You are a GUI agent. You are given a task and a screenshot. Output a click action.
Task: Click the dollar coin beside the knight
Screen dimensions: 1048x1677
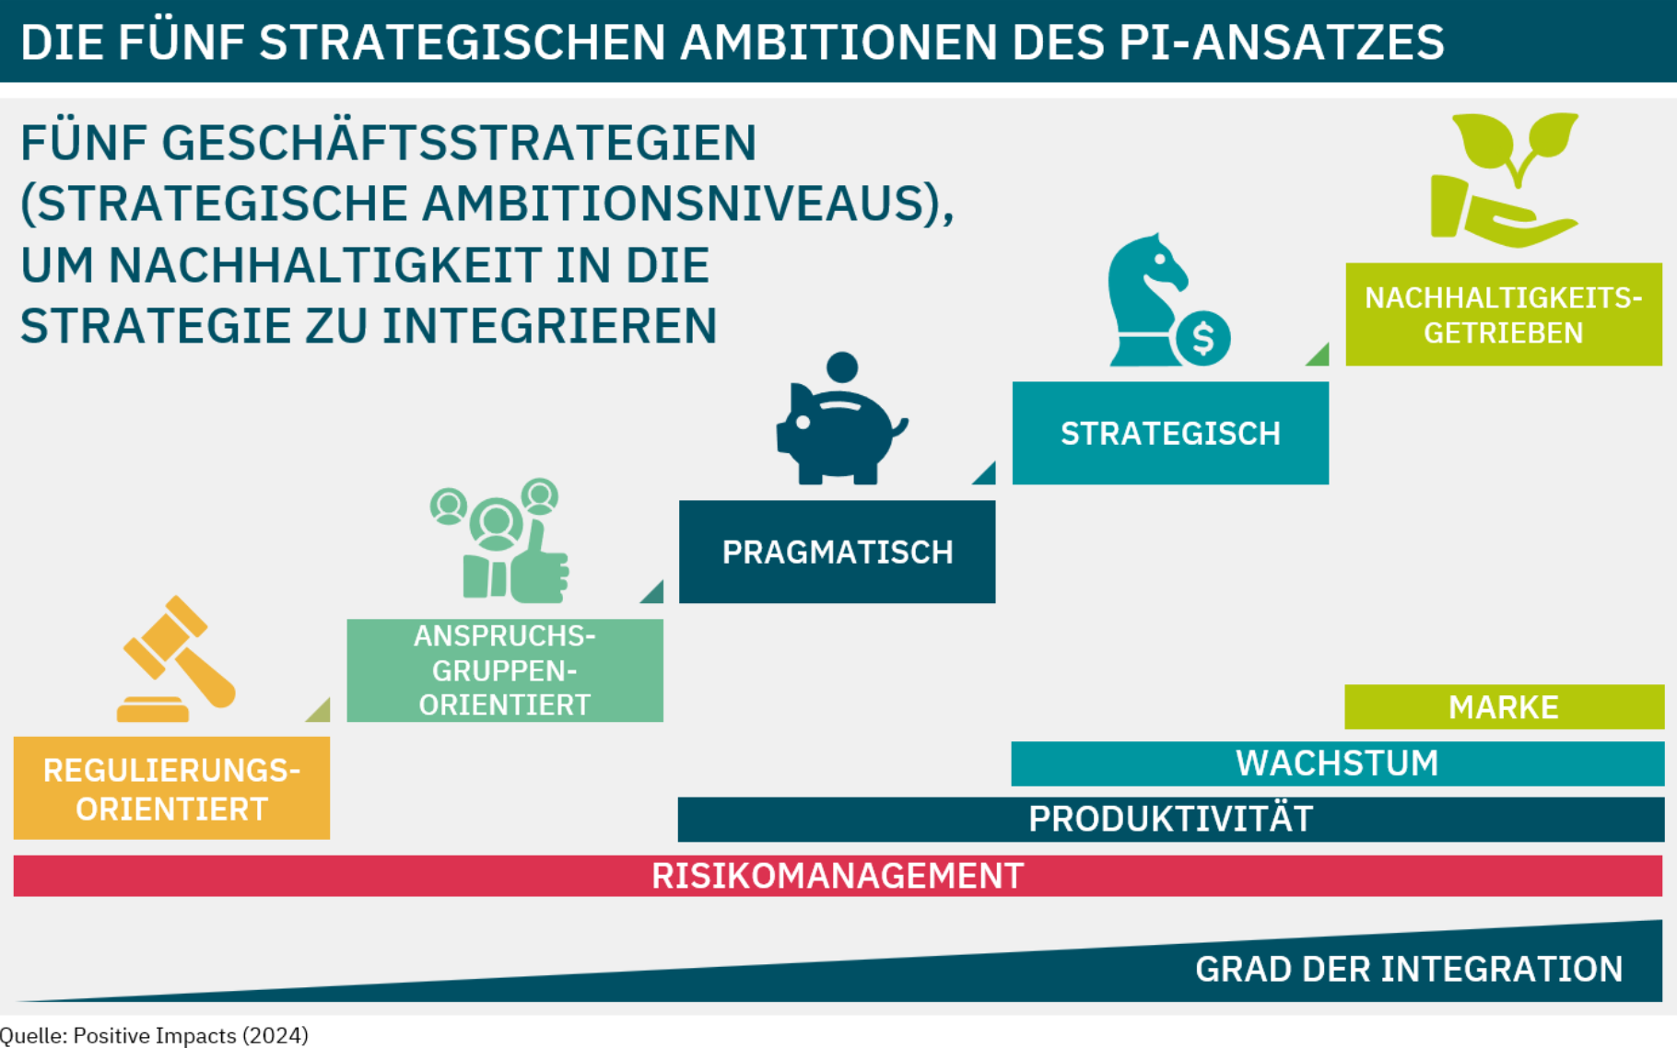point(1202,339)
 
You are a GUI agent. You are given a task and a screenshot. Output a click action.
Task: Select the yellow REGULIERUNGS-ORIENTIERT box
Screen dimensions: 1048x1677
point(172,788)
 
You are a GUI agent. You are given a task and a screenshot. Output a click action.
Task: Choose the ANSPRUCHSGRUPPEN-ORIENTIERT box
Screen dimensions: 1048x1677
point(505,670)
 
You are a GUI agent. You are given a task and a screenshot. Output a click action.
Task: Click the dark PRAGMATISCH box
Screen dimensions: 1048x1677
point(837,552)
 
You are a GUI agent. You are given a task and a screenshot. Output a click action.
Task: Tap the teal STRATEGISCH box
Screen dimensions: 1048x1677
point(1170,433)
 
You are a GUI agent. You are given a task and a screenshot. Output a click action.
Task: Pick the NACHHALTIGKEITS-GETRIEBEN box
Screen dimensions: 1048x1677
point(1504,315)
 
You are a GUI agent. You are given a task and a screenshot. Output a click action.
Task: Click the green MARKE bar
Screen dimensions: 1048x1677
point(1504,707)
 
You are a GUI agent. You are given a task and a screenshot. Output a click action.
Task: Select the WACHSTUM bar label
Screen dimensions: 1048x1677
point(1337,763)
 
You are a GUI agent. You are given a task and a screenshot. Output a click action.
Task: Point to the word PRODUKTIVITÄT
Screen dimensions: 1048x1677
point(1170,820)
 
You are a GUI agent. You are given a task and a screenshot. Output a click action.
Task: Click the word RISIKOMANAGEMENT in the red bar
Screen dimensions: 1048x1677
point(838,876)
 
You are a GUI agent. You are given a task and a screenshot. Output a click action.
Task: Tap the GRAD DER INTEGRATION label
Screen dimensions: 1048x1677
point(1409,969)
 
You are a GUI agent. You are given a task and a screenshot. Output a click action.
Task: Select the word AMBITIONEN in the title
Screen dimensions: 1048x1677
point(838,42)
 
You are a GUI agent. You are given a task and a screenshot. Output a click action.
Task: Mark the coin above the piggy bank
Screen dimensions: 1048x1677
point(842,367)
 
